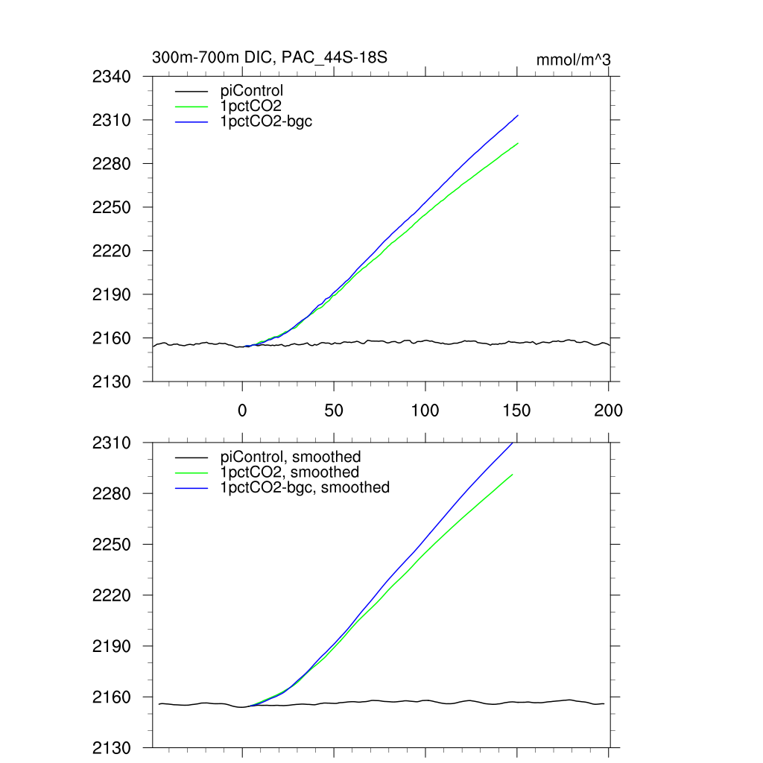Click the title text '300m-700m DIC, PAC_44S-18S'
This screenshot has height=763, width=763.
pyautogui.click(x=269, y=57)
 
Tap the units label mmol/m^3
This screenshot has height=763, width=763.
pyautogui.click(x=573, y=59)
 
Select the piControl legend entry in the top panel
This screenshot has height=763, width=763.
pyautogui.click(x=252, y=92)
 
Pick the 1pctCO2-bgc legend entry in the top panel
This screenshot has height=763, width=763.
pyautogui.click(x=266, y=121)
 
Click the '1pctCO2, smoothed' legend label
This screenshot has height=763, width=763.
pyautogui.click(x=289, y=472)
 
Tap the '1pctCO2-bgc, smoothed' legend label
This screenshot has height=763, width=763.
pyautogui.click(x=305, y=487)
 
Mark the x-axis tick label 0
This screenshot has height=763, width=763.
pyautogui.click(x=242, y=410)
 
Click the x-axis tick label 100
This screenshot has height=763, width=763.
pyautogui.click(x=425, y=410)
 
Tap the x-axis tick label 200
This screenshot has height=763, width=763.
pyautogui.click(x=608, y=410)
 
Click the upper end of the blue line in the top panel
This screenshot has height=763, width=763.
pyautogui.click(x=517, y=115)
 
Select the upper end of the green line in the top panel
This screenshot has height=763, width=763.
pyautogui.click(x=517, y=143)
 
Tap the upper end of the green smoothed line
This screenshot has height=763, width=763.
pyautogui.click(x=512, y=475)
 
